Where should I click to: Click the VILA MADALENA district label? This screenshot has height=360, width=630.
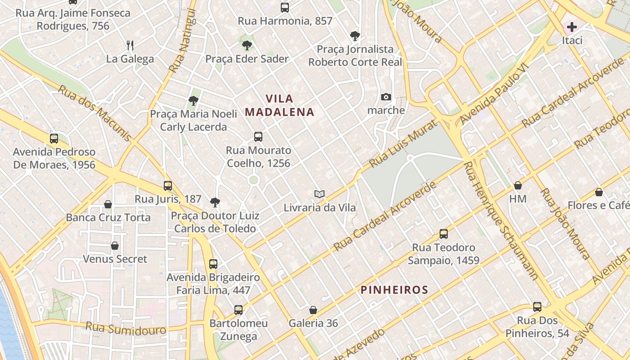[279, 105]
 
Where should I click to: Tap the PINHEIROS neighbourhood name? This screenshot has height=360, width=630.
[394, 289]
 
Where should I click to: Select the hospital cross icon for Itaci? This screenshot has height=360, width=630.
[571, 27]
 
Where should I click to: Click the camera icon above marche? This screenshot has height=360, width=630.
[386, 97]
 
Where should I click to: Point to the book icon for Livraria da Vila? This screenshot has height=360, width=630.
[319, 194]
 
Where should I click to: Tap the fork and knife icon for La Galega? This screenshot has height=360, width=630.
[130, 45]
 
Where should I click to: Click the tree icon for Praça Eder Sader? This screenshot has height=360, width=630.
[247, 45]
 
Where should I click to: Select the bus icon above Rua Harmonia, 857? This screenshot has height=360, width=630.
[285, 7]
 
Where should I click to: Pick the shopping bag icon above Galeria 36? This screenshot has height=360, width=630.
[313, 310]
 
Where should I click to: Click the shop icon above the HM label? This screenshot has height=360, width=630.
[518, 185]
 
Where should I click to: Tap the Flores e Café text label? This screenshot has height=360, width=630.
[598, 206]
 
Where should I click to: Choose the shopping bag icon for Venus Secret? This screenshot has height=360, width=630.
[115, 246]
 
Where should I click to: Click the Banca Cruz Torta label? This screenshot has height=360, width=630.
[108, 218]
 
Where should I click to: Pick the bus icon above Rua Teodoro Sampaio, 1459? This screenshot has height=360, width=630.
[443, 234]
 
